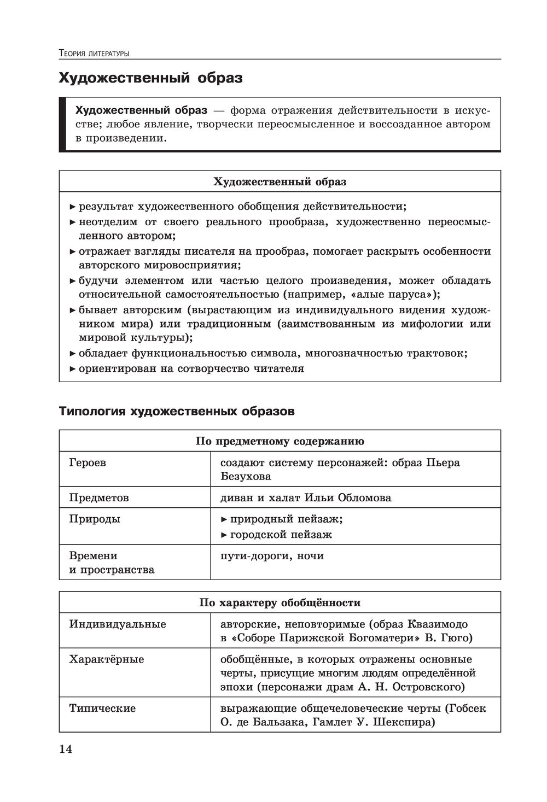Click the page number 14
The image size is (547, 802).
tap(66, 749)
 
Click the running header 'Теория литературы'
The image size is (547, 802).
tap(94, 54)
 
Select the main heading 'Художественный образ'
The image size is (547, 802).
tap(150, 78)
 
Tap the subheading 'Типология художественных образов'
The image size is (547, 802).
tap(176, 411)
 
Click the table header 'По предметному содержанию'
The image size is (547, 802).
tap(280, 441)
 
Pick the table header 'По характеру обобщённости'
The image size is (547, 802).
tap(280, 602)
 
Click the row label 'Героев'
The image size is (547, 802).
tap(88, 463)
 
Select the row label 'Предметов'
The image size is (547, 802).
tap(99, 497)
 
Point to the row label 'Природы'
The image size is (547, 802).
tap(95, 519)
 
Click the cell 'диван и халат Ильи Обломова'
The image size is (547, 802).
tap(305, 497)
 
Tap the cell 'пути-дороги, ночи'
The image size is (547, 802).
tap(272, 555)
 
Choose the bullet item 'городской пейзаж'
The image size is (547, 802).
tap(281, 535)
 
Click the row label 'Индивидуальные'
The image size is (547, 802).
tap(118, 624)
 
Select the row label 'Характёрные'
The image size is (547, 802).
tap(107, 659)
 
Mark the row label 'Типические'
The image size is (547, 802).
tap(102, 708)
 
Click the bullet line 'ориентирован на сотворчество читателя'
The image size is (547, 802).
tap(191, 368)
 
